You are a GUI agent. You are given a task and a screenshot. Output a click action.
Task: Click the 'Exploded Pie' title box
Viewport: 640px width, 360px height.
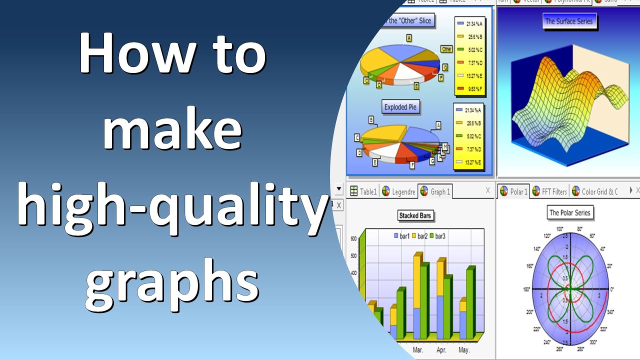[x=400, y=107]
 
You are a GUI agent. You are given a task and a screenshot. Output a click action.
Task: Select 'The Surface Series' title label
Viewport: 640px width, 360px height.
[x=568, y=21]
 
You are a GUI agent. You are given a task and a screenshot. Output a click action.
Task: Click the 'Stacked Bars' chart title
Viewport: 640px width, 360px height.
[x=415, y=215]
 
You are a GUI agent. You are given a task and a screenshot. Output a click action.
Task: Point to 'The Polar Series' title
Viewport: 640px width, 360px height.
[x=569, y=212]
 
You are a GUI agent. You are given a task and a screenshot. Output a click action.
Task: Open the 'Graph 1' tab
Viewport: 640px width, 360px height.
[x=435, y=191]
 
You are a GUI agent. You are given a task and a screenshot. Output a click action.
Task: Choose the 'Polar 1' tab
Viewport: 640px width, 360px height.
[x=513, y=191]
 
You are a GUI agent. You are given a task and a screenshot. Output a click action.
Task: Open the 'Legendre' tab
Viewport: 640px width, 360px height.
[x=398, y=191]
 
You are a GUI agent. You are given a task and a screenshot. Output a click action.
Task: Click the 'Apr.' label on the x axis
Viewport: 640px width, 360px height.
[x=441, y=350]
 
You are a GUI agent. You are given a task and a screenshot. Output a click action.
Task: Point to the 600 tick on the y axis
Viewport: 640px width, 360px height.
[x=353, y=239]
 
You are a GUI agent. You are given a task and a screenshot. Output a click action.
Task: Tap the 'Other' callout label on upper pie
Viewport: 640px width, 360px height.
[x=446, y=49]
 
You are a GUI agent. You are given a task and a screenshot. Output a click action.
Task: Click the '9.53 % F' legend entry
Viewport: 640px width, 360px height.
[x=470, y=89]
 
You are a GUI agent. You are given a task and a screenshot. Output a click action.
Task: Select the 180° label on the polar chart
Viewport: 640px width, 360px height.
[x=525, y=289]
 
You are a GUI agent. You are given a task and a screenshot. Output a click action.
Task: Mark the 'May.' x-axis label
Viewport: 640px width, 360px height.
[x=464, y=350]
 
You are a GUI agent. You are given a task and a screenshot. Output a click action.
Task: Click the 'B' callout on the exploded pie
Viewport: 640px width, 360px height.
[x=371, y=119]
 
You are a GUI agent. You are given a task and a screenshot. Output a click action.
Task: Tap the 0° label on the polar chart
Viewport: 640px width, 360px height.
[x=612, y=289]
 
